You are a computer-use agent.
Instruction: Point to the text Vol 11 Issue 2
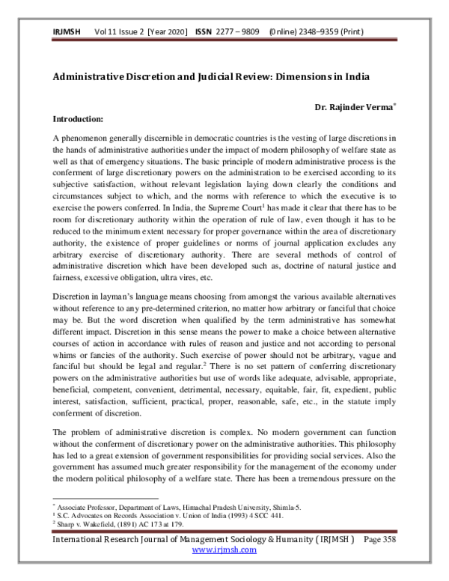[120, 34]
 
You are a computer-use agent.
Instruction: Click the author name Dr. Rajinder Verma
[354, 108]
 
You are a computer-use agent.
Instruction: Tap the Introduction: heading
[78, 118]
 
